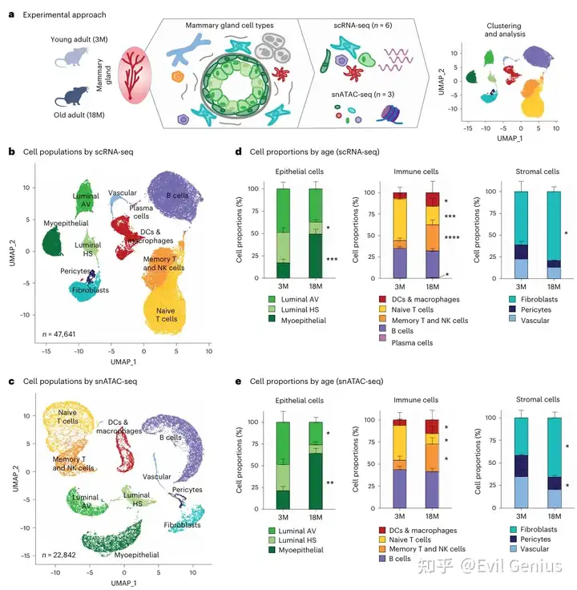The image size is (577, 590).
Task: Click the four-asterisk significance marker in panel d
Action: (x=452, y=238)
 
